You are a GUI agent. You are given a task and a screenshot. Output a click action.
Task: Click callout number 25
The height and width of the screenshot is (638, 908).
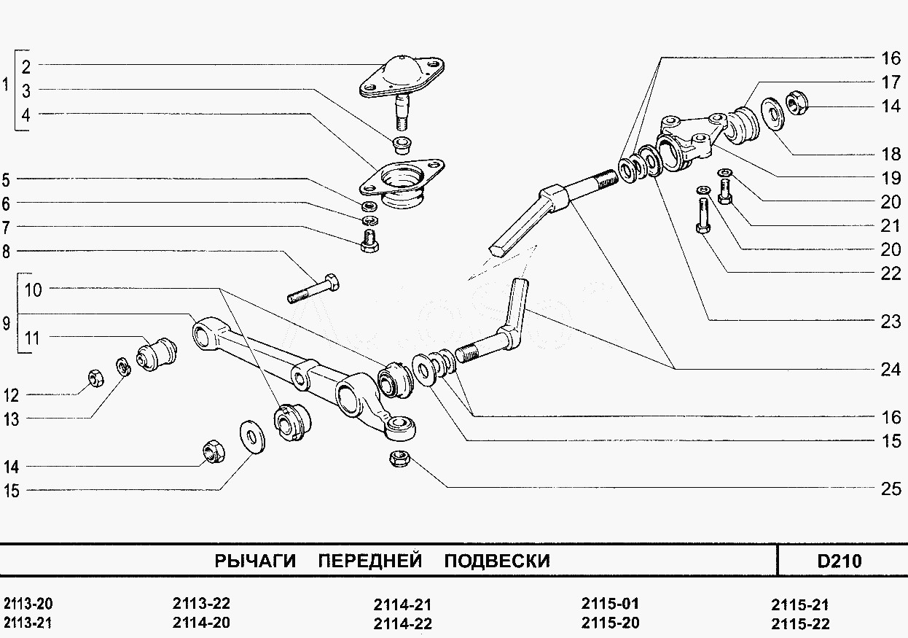point(891,489)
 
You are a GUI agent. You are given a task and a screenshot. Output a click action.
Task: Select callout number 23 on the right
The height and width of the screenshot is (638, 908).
point(891,321)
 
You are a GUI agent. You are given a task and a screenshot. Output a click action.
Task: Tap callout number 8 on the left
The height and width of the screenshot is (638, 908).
point(6,252)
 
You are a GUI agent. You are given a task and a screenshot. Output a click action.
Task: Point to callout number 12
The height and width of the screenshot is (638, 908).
point(10,395)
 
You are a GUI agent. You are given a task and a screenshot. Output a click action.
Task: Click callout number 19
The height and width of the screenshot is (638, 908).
point(891,178)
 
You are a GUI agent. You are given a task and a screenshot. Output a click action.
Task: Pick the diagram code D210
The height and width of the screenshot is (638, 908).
point(839,561)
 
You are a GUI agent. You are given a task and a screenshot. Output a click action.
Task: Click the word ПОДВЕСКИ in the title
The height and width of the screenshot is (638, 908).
point(496,561)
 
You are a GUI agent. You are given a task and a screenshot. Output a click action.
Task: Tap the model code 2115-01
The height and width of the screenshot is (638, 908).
point(610,604)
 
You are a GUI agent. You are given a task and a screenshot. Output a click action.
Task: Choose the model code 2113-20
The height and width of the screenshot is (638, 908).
point(28,604)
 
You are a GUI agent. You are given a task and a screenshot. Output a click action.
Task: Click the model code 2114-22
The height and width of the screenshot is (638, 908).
point(402,623)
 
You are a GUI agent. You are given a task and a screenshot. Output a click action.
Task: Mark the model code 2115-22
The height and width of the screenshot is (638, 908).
point(800,623)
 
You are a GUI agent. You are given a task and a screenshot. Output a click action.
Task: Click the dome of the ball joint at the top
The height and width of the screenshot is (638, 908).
point(401,69)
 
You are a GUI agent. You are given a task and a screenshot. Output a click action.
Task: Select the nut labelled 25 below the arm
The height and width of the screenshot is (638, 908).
point(399,459)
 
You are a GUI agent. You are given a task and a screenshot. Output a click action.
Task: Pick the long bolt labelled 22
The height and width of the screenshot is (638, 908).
point(703,216)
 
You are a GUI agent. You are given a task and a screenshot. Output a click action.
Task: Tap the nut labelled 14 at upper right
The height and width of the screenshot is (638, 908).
point(796,105)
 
